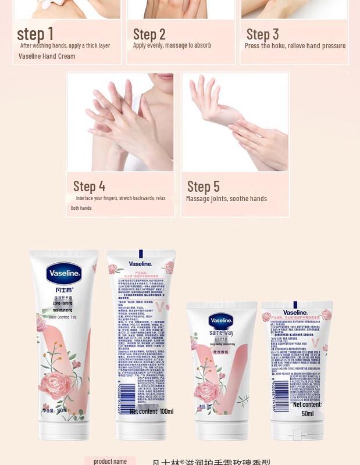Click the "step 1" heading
35,34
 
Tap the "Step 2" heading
149,34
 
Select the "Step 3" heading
262,34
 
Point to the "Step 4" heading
89,187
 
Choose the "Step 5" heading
203,187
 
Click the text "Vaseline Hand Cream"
47,56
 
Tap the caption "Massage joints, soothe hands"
226,199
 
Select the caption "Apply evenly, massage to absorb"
172,45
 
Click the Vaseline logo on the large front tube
64,274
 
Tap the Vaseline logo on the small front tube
221,320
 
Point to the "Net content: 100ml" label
151,412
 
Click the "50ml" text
308,413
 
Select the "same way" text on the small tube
221,332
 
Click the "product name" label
110,462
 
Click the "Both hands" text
81,208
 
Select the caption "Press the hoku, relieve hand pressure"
295,46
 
